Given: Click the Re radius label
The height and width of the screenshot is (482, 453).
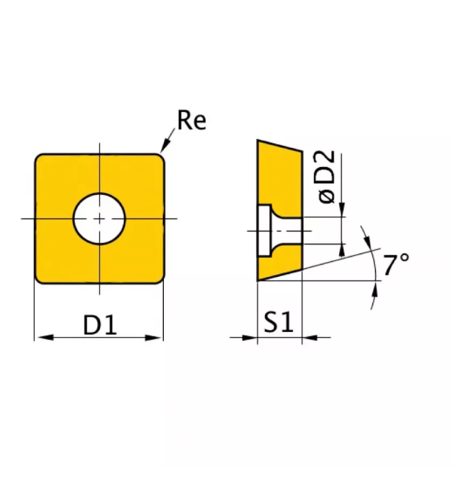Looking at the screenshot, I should point(191,121).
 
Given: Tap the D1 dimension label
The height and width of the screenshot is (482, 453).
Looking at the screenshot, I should point(100,325).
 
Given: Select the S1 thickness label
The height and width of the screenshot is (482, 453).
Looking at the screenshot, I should point(279,322).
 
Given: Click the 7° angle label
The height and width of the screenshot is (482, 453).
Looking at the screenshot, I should point(396,265).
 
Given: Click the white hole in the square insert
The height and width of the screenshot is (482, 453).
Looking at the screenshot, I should point(99,219).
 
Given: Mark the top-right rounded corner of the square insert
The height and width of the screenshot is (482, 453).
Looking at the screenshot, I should point(160,158).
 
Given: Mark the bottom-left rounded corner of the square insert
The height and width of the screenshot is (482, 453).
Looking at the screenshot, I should point(39,278).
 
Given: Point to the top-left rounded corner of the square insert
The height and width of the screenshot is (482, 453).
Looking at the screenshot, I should point(39,158).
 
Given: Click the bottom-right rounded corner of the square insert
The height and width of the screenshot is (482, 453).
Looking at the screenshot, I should point(160,278).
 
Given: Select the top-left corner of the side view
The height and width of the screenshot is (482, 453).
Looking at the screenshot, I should point(259,141).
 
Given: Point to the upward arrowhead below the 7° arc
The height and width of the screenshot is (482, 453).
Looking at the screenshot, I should point(375,290).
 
